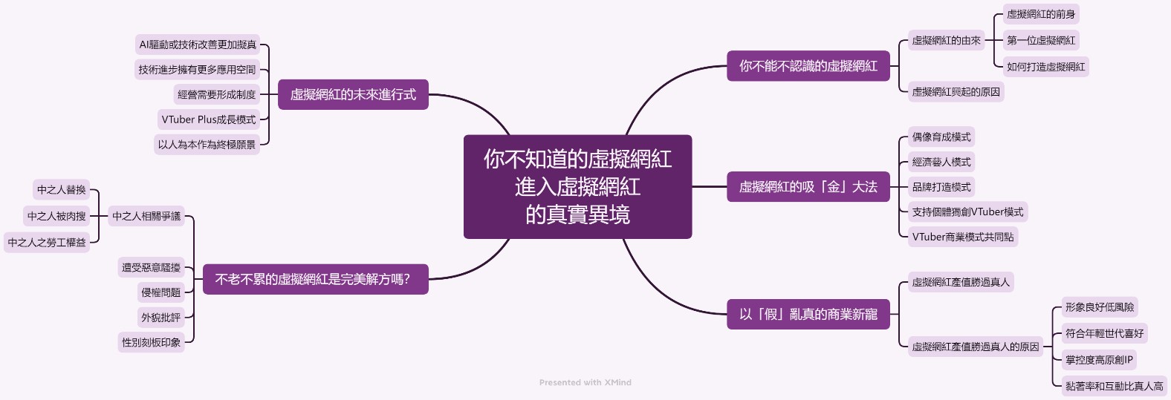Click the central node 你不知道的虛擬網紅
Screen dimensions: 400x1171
[x=577, y=186]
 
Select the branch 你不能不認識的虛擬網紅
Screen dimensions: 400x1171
[x=808, y=66]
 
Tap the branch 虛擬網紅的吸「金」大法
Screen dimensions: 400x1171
[x=808, y=187]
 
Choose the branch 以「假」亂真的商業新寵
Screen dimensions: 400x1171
[x=808, y=315]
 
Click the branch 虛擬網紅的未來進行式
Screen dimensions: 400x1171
[x=353, y=95]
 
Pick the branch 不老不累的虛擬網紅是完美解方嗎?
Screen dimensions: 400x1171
[x=312, y=280]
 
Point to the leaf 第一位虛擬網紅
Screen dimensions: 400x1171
[x=1040, y=40]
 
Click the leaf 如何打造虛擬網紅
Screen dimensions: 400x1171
[x=1045, y=67]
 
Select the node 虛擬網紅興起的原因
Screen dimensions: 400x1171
[x=956, y=92]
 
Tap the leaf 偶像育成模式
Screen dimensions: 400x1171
[x=941, y=137]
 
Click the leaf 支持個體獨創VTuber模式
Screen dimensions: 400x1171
[x=967, y=212]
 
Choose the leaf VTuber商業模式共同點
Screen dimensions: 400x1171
[x=962, y=237]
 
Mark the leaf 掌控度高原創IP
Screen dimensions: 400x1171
[x=1099, y=360]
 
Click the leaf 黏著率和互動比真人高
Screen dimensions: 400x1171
[x=1114, y=386]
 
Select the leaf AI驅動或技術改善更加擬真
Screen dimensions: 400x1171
[x=198, y=45]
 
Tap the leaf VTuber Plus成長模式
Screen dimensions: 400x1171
[x=208, y=119]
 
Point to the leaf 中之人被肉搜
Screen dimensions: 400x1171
[x=56, y=216]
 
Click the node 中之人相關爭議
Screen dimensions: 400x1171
[x=146, y=216]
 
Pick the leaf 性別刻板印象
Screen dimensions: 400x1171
[x=152, y=342]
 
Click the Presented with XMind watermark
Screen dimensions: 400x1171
[x=585, y=383]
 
